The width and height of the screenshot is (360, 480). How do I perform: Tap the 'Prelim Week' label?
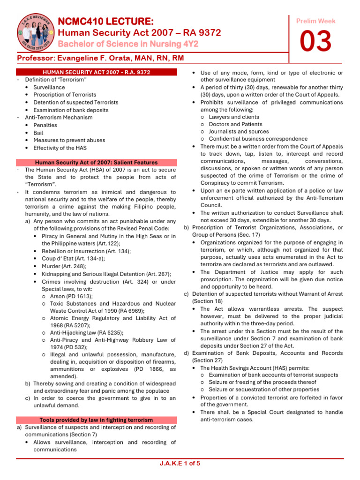click(x=316, y=21)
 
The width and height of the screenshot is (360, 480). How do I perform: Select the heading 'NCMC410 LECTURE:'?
click(x=105, y=22)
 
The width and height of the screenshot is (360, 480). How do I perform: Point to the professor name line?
click(x=100, y=58)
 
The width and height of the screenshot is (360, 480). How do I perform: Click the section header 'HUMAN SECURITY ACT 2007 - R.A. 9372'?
click(x=97, y=72)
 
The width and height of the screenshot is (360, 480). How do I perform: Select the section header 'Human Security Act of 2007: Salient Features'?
click(x=97, y=162)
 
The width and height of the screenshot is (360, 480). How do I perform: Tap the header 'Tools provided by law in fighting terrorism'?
click(x=97, y=420)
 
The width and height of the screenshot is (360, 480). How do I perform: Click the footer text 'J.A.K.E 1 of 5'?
click(x=180, y=464)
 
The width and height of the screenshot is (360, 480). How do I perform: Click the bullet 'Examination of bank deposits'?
click(x=70, y=110)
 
